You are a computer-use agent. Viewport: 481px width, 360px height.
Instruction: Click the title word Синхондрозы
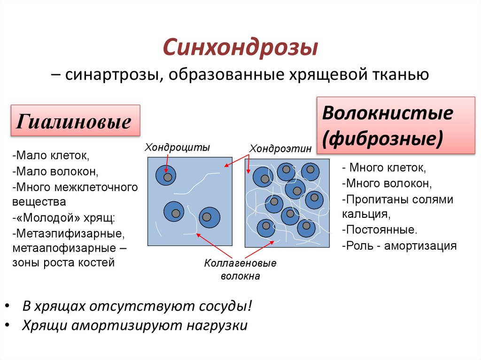(x=240, y=47)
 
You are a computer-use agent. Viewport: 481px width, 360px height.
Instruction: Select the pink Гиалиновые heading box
(x=75, y=121)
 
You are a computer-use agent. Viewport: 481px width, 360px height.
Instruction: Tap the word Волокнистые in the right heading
(x=388, y=114)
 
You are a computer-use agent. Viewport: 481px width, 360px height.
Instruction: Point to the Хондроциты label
(x=177, y=147)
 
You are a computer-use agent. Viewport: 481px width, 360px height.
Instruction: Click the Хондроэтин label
(x=280, y=148)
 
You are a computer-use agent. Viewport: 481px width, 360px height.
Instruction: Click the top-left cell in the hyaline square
(x=166, y=176)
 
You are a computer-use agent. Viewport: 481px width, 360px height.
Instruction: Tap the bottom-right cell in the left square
(x=209, y=217)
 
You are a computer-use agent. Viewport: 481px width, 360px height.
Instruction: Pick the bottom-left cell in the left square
(x=174, y=212)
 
